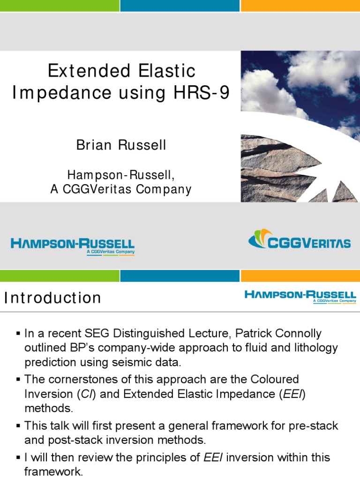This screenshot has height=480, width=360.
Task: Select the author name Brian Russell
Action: [121, 145]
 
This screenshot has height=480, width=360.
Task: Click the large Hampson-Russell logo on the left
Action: [73, 245]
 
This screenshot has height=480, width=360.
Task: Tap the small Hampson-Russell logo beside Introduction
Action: [300, 296]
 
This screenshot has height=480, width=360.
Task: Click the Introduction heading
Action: [52, 298]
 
